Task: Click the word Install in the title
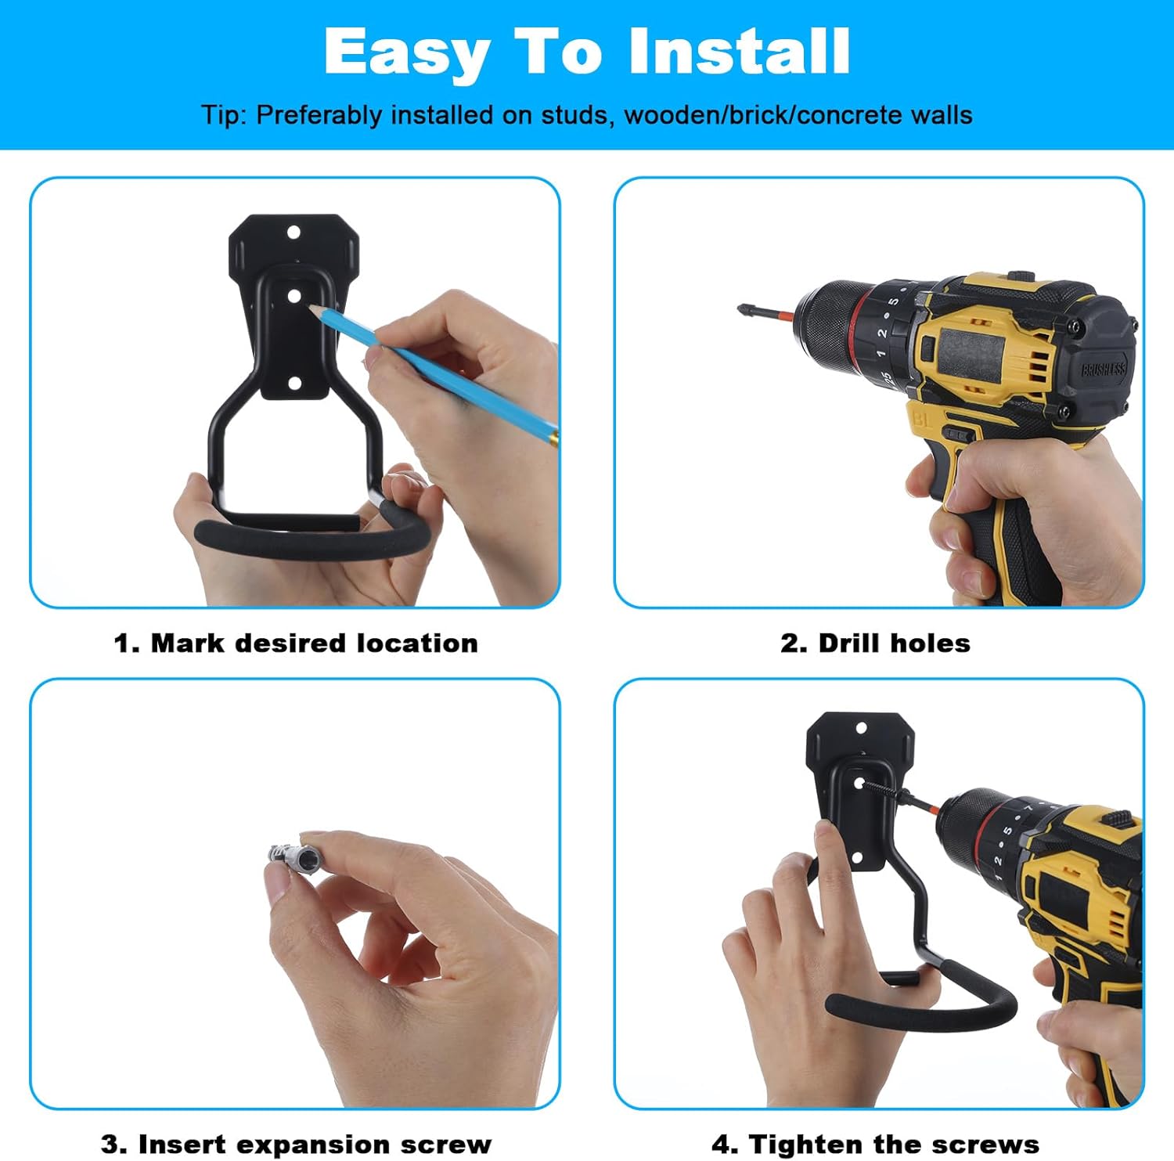pyautogui.click(x=739, y=51)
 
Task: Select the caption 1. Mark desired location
pyautogui.click(x=296, y=643)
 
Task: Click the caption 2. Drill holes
pyautogui.click(x=875, y=643)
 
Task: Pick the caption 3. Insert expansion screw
pyautogui.click(x=296, y=1144)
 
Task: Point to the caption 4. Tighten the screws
pyautogui.click(x=875, y=1144)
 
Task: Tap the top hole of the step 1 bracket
pyautogui.click(x=294, y=233)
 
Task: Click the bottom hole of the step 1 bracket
pyautogui.click(x=295, y=383)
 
